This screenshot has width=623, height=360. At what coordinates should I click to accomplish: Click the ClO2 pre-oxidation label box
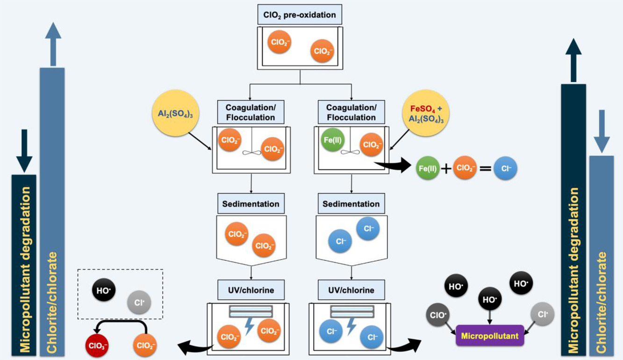tap(300, 14)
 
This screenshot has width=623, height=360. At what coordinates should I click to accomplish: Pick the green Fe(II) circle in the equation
tap(429, 169)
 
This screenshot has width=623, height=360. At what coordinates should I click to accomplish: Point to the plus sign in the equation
tap(447, 169)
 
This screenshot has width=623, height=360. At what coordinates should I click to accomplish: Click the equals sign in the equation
tap(487, 169)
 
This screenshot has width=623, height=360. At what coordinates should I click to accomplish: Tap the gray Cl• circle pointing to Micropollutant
tap(542, 315)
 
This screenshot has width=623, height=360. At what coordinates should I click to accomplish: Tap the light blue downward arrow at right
tap(602, 131)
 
